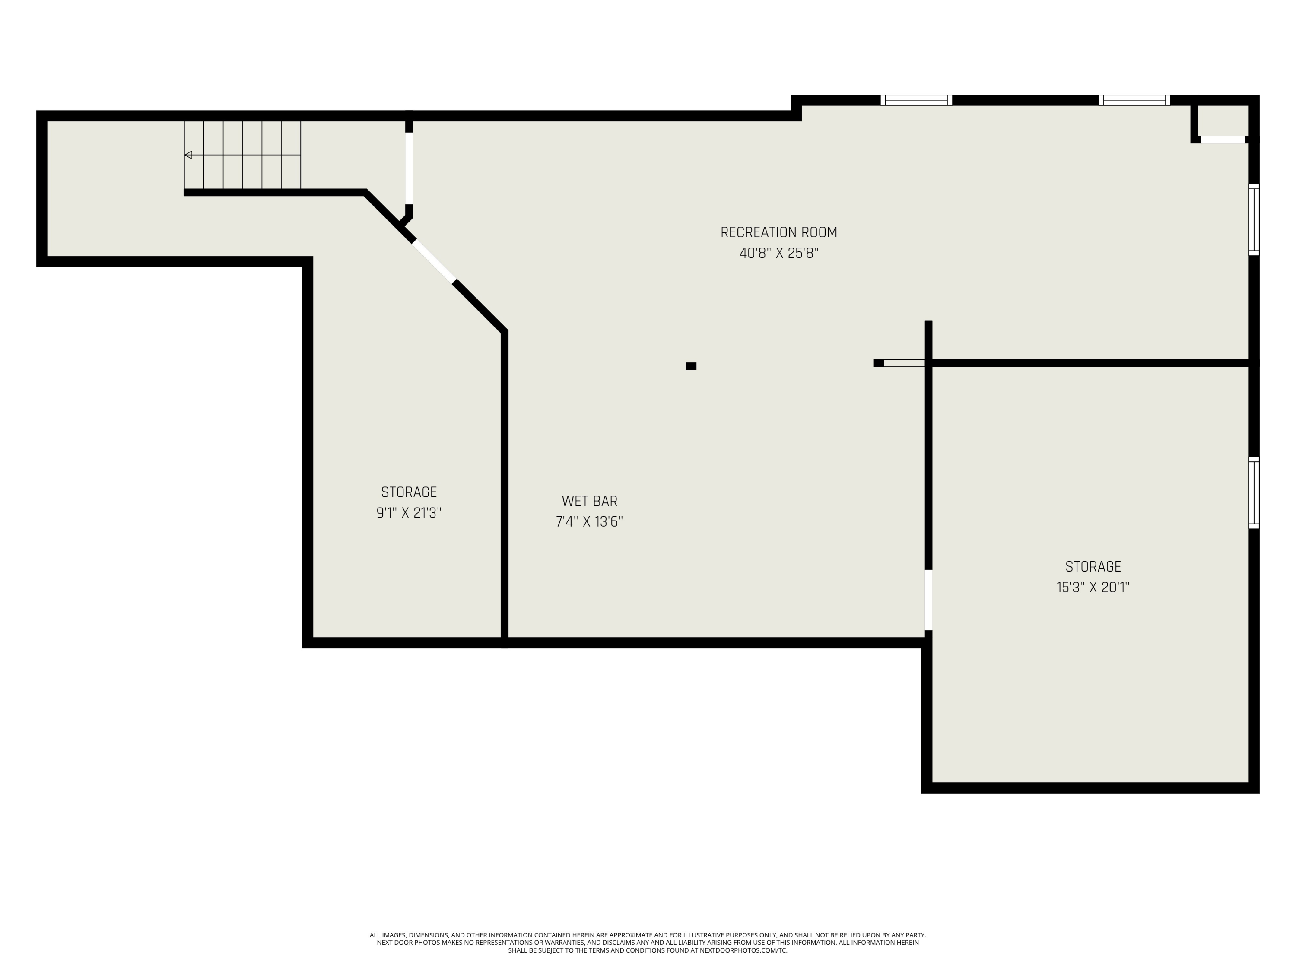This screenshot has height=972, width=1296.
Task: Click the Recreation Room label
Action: [x=778, y=232]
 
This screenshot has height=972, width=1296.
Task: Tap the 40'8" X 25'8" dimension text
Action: [x=778, y=253]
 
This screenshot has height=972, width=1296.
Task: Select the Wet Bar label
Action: [x=589, y=501]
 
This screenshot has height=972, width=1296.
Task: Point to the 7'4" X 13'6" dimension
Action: [x=589, y=521]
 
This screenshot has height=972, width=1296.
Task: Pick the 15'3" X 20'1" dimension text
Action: [x=1093, y=587]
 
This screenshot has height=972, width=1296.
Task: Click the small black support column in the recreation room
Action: [x=691, y=366]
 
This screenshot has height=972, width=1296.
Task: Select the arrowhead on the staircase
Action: [x=188, y=155]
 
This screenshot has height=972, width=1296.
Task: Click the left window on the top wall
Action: [x=916, y=100]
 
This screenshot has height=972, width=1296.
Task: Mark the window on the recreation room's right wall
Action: [x=1254, y=220]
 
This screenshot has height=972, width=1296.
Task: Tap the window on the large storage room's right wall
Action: [x=1254, y=492]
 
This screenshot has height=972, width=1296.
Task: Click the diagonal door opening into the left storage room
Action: [x=434, y=261]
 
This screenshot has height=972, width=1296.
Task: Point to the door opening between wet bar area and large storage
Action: [x=928, y=600]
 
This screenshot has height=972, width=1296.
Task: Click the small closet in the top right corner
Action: [x=1223, y=120]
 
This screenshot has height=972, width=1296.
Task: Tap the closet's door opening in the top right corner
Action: [x=1223, y=140]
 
